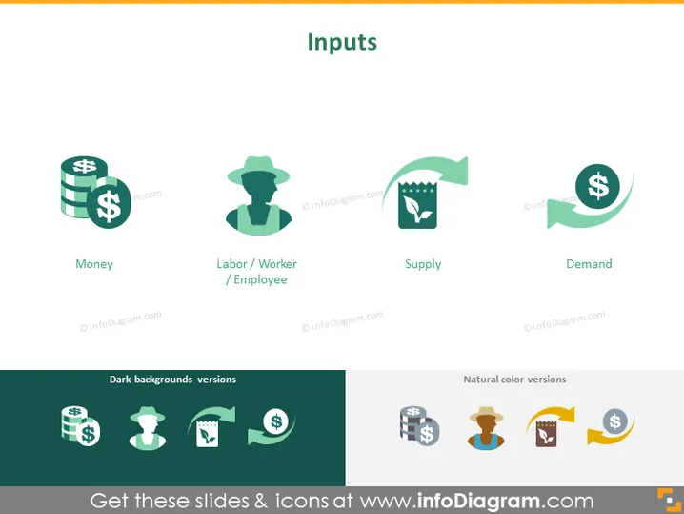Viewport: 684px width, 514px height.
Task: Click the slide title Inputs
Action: tap(342, 43)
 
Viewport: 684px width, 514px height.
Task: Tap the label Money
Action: tap(94, 264)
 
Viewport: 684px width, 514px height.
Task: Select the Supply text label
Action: tap(423, 264)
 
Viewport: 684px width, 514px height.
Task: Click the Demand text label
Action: tap(589, 264)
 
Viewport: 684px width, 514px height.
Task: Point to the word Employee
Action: tap(260, 279)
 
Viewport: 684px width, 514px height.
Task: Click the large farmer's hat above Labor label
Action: tap(259, 169)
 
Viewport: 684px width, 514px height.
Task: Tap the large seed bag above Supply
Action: tap(417, 205)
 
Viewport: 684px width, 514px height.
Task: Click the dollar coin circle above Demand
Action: tap(597, 186)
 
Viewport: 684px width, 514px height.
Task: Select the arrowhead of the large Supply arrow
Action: tap(455, 171)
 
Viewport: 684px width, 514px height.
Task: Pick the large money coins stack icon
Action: tap(95, 192)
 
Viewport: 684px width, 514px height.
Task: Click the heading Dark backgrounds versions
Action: tap(172, 380)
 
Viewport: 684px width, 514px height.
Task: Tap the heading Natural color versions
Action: tap(514, 380)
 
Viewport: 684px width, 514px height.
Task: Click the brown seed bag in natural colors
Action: tap(546, 433)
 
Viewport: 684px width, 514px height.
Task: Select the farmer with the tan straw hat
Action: tap(486, 427)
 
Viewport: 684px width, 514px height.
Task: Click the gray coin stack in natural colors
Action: tap(419, 425)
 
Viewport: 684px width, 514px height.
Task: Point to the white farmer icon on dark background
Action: tap(148, 428)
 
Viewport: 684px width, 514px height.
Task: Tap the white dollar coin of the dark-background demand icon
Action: tap(276, 421)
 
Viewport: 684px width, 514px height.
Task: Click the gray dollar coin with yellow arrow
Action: tap(615, 421)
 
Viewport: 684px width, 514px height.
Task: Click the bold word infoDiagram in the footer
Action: tap(478, 501)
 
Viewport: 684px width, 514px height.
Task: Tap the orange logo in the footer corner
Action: tap(669, 500)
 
